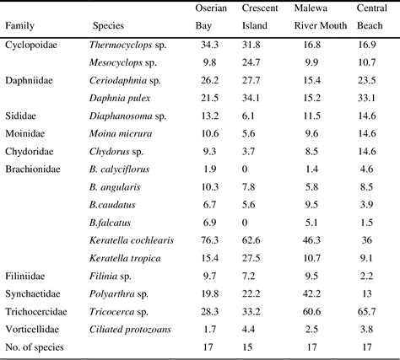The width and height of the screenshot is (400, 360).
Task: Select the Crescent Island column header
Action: click(259, 17)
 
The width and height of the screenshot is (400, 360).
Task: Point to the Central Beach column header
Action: click(372, 17)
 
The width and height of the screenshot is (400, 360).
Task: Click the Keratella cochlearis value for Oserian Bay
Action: click(210, 240)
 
